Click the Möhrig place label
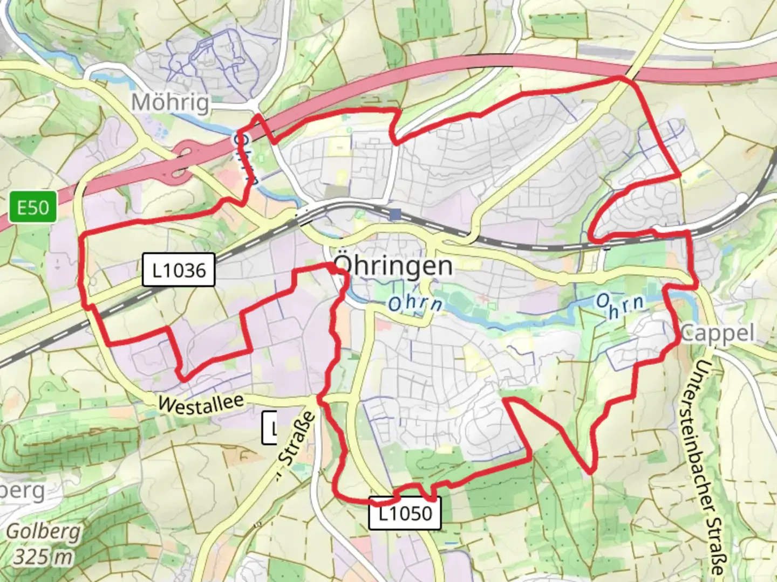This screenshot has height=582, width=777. (x=171, y=102)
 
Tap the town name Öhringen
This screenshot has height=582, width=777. (x=393, y=266)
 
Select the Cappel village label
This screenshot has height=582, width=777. (x=717, y=333)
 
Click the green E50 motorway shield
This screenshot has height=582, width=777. (x=33, y=207)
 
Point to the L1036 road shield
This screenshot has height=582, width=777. (x=179, y=269)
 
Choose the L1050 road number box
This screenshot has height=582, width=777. (x=405, y=514)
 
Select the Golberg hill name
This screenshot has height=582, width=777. (x=43, y=532)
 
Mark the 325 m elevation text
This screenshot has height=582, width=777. (x=43, y=556)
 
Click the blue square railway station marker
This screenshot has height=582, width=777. (x=396, y=214)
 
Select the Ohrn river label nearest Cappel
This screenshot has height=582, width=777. (x=621, y=305)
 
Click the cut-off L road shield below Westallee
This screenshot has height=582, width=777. (x=269, y=428)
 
